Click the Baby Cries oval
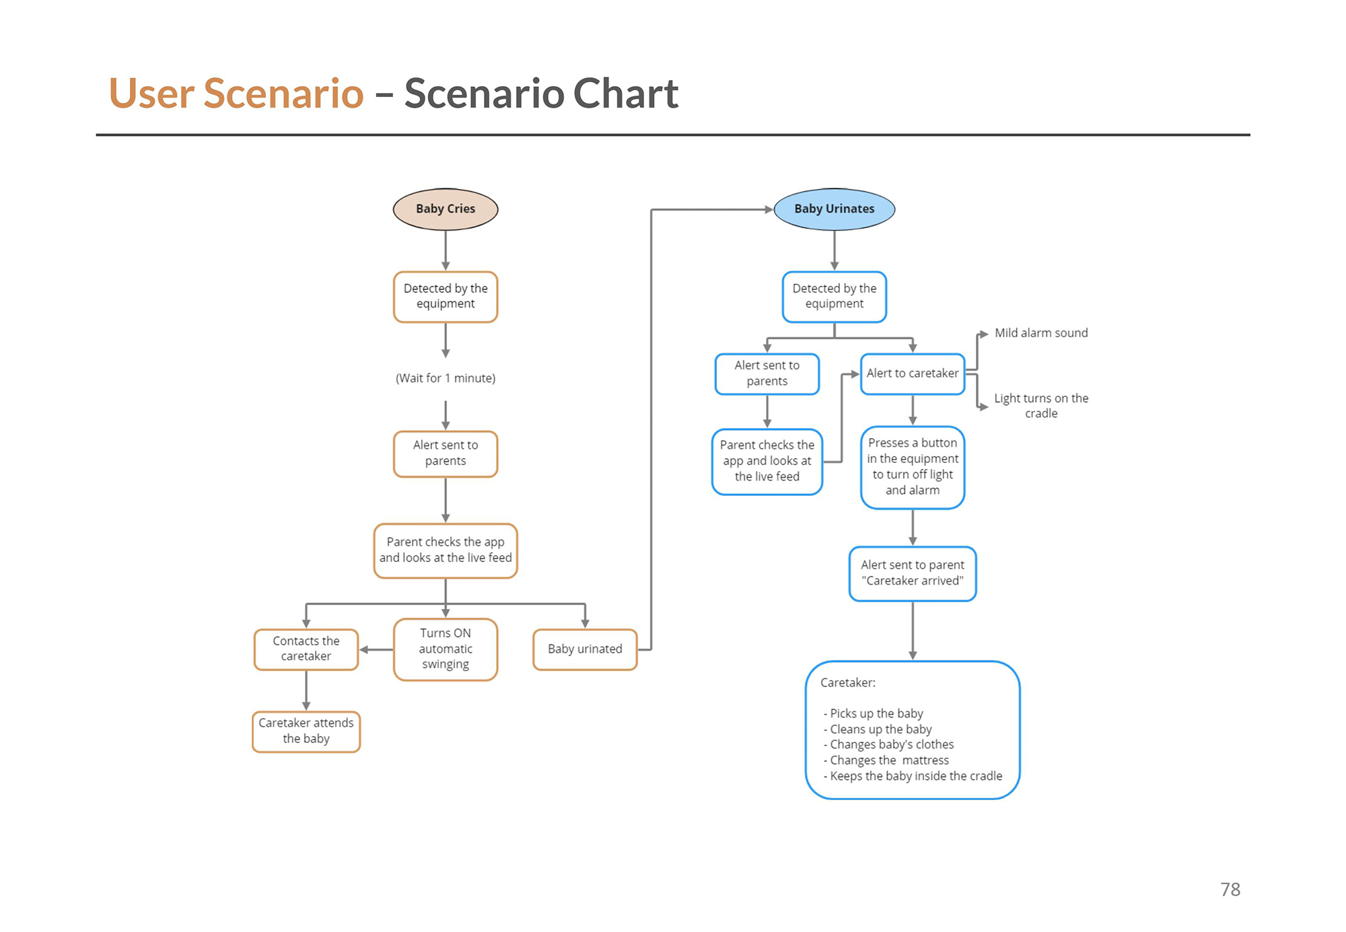[x=446, y=209]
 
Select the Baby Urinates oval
[x=835, y=209]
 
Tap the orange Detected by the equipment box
[x=446, y=297]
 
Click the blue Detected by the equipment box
[x=835, y=297]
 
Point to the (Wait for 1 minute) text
[x=446, y=378]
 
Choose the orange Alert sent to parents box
[x=446, y=454]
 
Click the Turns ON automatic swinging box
[x=446, y=649]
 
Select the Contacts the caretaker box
[x=306, y=649]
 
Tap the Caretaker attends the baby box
[x=306, y=731]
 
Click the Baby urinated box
[x=585, y=649]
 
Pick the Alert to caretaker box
[x=913, y=373]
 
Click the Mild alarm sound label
[x=1041, y=333]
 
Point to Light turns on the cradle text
[x=1041, y=406]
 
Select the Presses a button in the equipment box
[x=913, y=467]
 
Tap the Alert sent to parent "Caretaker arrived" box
[x=913, y=573]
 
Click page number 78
[x=1230, y=890]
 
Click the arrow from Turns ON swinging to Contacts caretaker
[x=376, y=649]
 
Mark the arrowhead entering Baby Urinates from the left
[x=769, y=209]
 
